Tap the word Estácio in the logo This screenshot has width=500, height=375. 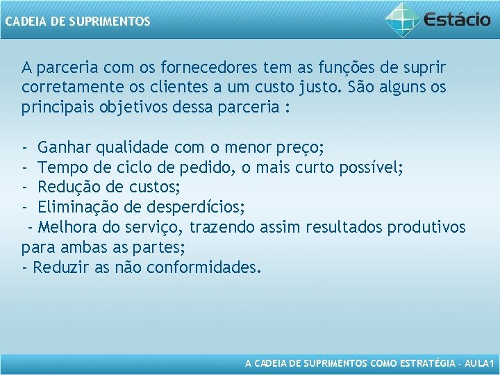(457, 19)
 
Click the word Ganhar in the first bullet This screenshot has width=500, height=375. (65, 148)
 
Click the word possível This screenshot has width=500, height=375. (372, 168)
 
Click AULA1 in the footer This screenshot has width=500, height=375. (478, 363)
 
